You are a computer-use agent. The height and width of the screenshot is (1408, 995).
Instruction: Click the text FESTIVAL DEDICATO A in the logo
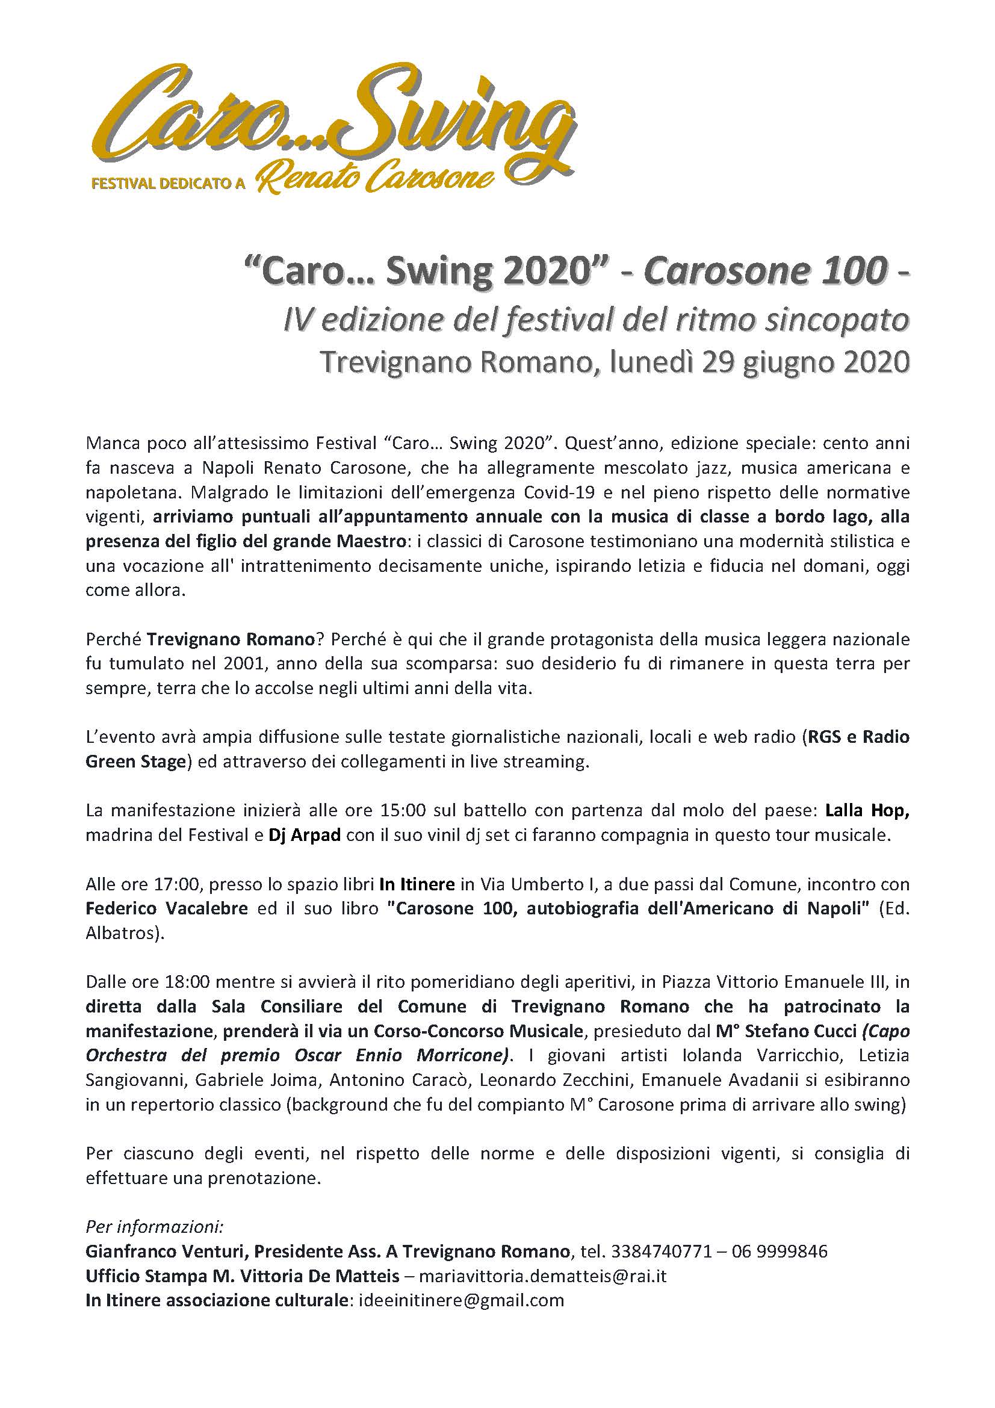(x=168, y=183)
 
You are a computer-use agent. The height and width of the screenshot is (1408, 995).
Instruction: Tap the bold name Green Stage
(x=135, y=761)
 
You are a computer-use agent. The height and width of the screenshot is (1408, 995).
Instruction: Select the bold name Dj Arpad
(x=305, y=836)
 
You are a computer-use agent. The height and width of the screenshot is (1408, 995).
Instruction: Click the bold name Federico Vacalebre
(x=167, y=908)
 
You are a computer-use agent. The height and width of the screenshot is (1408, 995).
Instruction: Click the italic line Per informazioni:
(x=155, y=1227)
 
